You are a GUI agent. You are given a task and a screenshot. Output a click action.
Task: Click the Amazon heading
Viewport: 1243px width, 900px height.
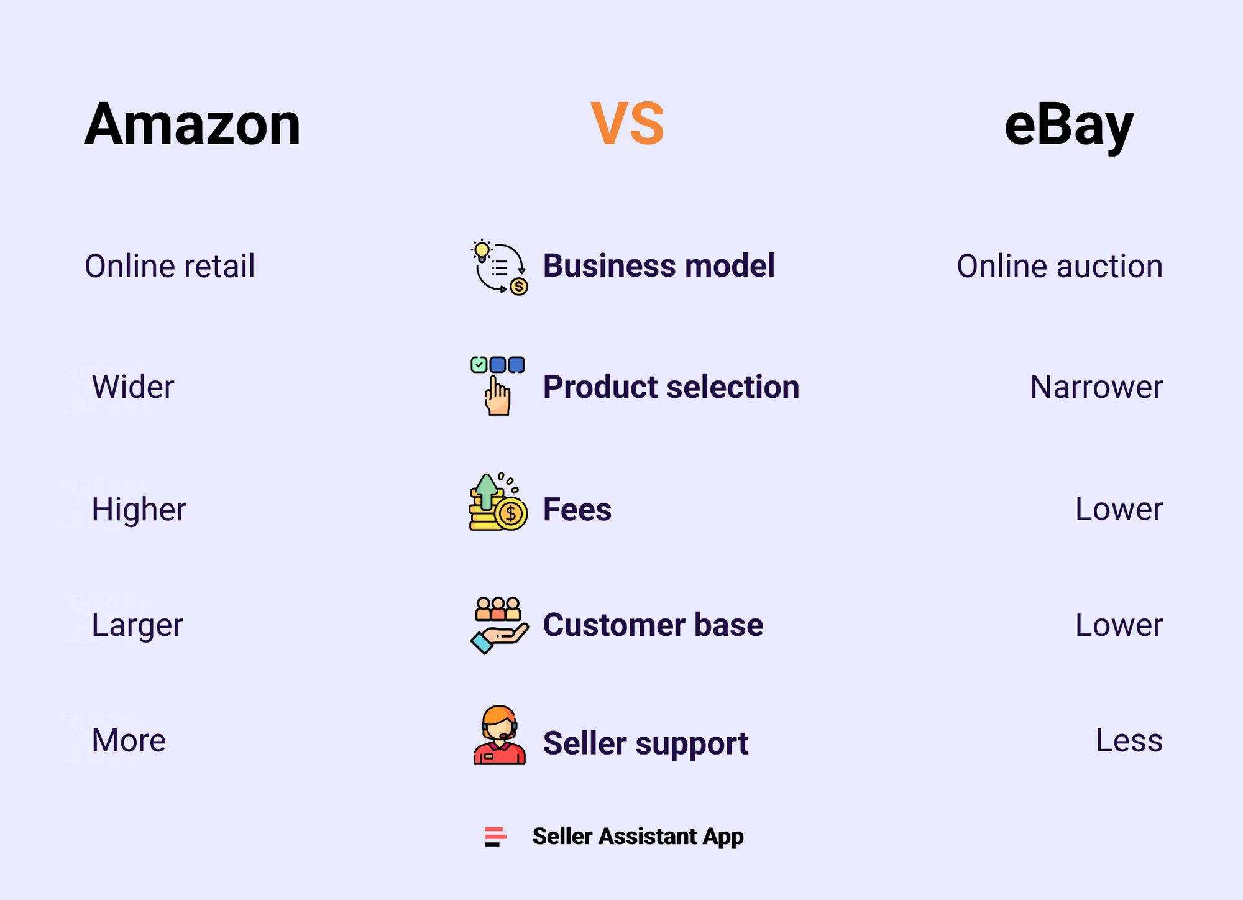coord(192,124)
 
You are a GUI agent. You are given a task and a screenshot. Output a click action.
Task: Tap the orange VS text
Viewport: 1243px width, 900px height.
coord(627,124)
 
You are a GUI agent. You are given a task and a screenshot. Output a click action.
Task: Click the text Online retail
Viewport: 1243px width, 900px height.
coord(170,266)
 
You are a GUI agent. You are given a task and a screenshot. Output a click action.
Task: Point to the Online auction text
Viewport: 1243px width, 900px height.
coord(1060,266)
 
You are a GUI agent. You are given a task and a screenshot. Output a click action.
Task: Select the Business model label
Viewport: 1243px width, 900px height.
coord(659,265)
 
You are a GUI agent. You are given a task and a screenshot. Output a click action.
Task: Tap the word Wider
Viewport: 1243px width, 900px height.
coord(133,387)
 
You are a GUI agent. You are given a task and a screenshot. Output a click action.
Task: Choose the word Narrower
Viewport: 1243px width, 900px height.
coord(1096,387)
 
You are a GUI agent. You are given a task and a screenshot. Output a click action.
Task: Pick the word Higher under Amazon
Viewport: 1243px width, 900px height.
coord(139,509)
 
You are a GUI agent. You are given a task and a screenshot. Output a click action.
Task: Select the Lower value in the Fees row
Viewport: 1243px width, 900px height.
coord(1119,509)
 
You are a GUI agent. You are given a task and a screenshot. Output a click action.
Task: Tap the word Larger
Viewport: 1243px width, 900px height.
coord(137,625)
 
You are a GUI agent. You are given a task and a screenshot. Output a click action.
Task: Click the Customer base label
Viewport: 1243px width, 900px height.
coord(653,625)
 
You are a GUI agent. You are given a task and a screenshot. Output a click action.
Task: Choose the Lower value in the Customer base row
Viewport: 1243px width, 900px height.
coord(1119,625)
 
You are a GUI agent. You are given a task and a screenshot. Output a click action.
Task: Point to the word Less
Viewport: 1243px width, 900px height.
coord(1129,740)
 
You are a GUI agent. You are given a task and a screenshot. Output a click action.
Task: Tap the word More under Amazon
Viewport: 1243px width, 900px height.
coord(129,740)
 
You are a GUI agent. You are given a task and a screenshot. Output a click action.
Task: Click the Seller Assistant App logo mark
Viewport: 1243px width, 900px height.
coord(495,837)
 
